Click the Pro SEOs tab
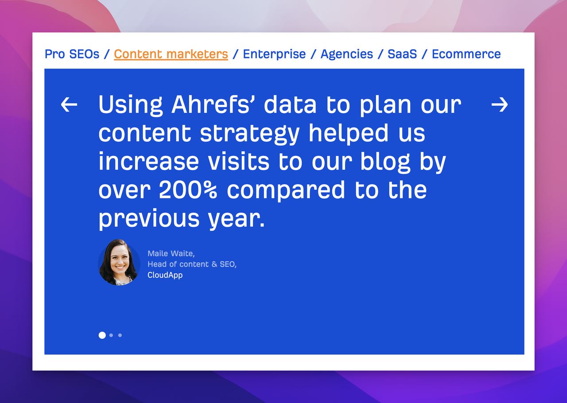point(72,54)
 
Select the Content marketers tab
point(171,54)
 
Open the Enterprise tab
point(274,54)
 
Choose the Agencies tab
point(346,54)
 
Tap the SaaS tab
point(402,54)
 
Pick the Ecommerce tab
point(466,54)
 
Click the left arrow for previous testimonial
point(69,105)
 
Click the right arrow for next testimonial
point(500,105)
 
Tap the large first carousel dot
point(102,335)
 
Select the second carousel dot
point(111,335)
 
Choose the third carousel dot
point(120,335)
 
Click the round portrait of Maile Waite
point(119,263)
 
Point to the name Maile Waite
point(171,253)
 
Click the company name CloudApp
point(165,275)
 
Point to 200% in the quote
point(188,190)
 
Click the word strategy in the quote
point(249,133)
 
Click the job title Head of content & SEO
point(191,264)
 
